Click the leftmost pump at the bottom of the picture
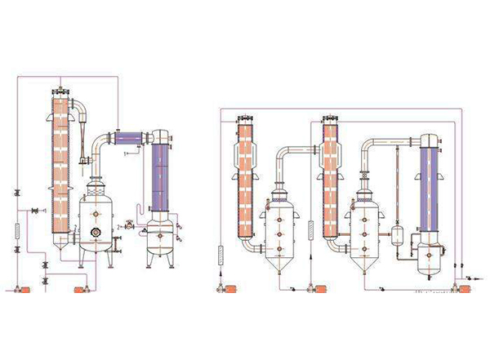[24, 289]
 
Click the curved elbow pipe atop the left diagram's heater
[78, 104]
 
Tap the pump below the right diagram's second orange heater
[311, 288]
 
